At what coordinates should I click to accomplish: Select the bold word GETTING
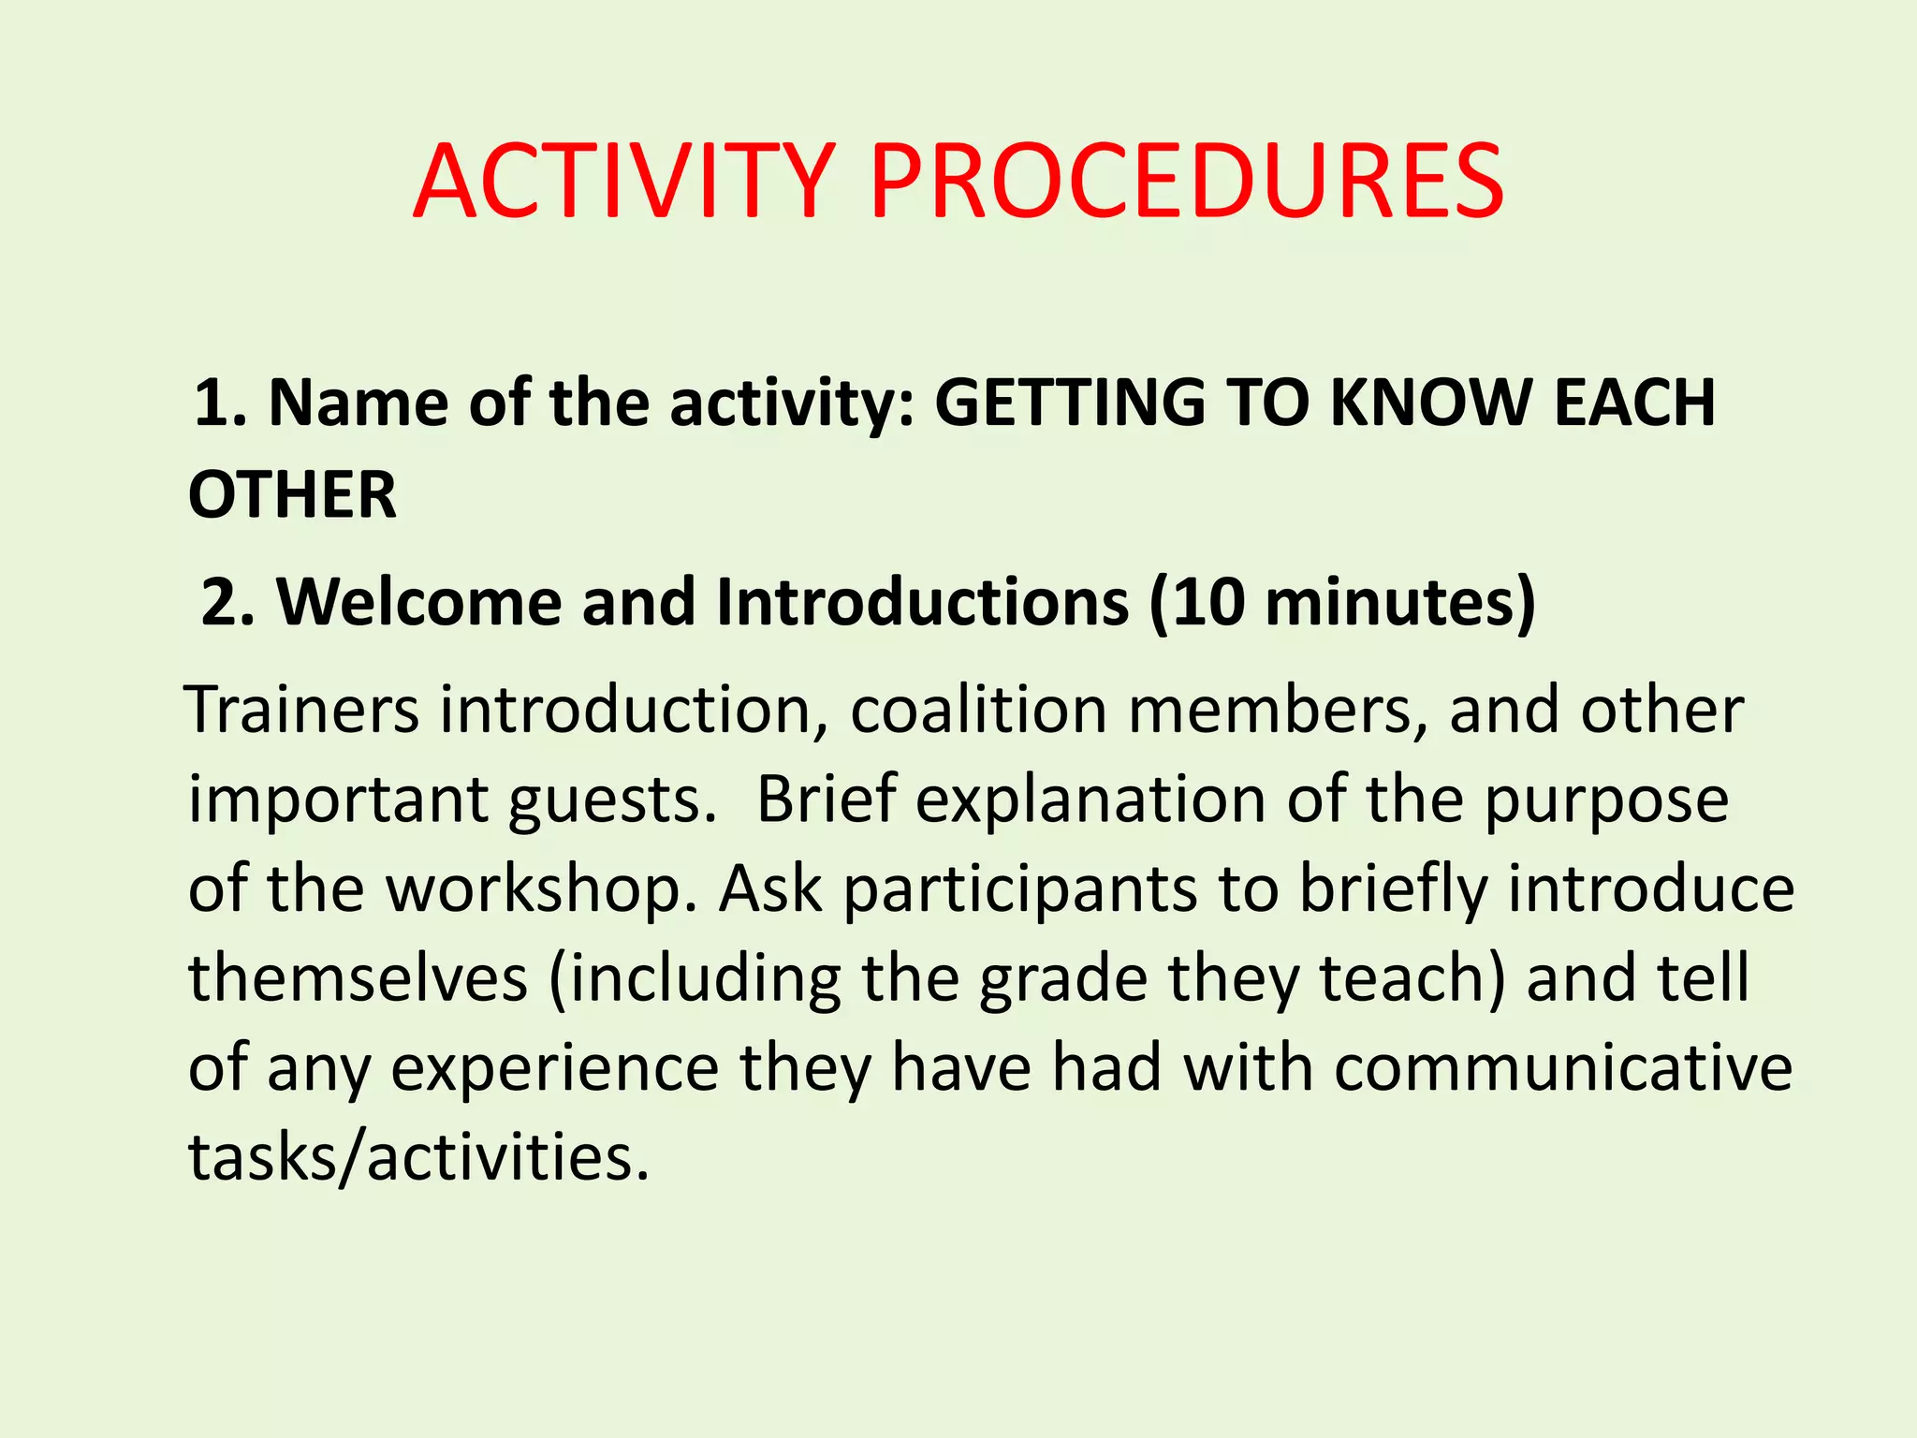click(1070, 403)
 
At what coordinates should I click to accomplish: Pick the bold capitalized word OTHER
click(292, 494)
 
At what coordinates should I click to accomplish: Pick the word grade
click(1063, 979)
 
